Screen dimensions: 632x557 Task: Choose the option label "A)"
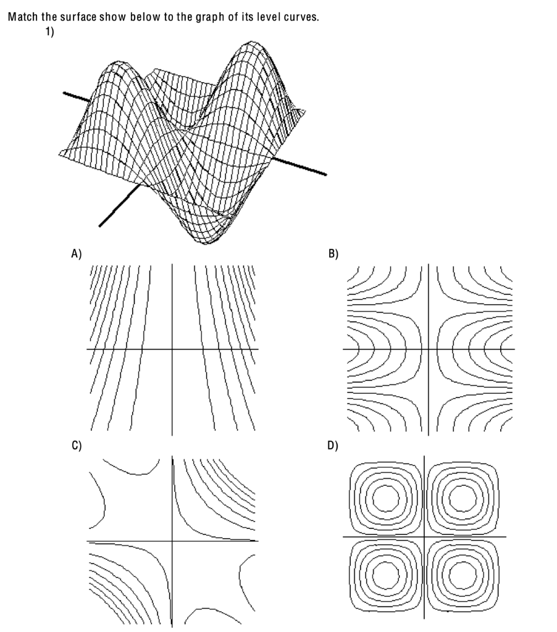pos(77,252)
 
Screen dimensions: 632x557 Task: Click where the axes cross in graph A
pos(172,349)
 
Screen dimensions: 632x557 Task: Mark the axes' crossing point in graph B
pos(428,349)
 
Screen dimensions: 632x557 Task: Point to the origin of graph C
pos(172,542)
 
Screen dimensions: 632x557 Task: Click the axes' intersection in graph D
pos(424,536)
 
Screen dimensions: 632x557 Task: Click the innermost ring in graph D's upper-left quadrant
pos(387,496)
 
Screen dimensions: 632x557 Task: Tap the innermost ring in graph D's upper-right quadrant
pos(460,496)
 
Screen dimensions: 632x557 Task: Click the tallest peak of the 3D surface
pos(250,44)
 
